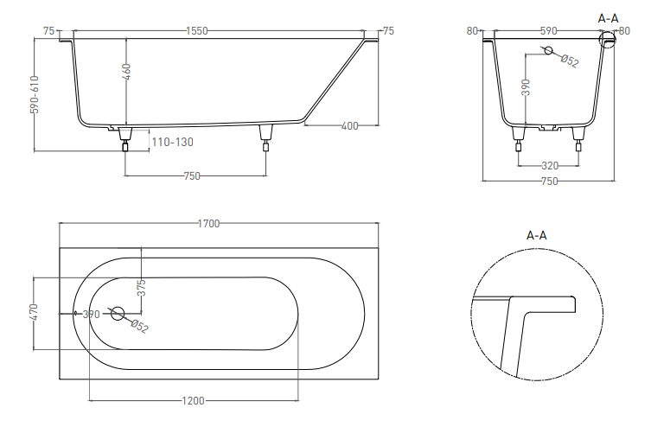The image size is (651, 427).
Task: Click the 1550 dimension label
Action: tap(197, 31)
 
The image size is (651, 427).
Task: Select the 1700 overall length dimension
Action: tap(208, 224)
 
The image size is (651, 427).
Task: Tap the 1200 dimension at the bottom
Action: tap(194, 401)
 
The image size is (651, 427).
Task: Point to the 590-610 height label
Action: tap(35, 94)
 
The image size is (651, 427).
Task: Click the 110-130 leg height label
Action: tap(172, 143)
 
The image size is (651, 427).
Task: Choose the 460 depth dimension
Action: tap(127, 73)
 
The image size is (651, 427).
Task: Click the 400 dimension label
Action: tap(349, 125)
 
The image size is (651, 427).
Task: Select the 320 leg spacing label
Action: tap(550, 166)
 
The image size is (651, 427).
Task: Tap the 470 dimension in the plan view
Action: tap(34, 312)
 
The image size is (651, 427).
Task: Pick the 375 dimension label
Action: tap(141, 288)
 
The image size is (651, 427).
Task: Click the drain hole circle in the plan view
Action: tap(118, 313)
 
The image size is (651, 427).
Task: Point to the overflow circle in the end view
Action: tap(548, 51)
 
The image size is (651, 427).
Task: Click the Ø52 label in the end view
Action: tap(570, 61)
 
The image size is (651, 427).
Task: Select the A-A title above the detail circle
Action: tap(537, 236)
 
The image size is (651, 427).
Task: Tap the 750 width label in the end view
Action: tap(550, 182)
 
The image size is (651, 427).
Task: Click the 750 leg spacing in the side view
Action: tap(192, 176)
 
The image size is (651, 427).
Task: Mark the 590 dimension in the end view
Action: tap(548, 31)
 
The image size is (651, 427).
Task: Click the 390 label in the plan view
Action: tap(92, 315)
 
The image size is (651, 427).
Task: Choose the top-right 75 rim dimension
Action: tap(388, 31)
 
